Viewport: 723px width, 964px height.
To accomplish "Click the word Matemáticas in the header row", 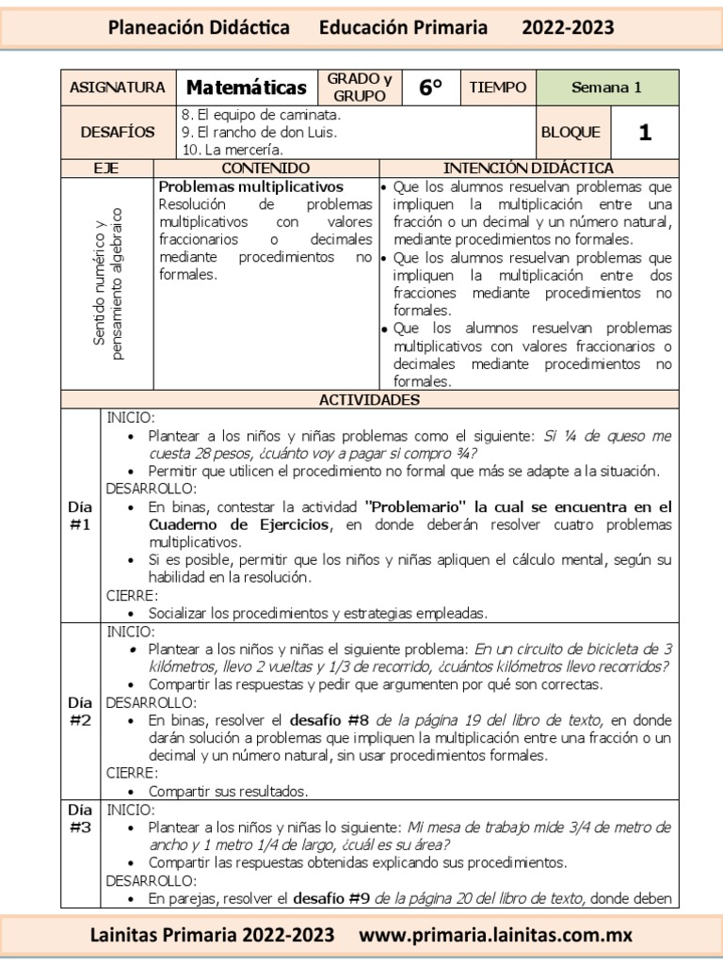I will point(247,88).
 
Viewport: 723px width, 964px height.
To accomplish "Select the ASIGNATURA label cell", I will point(117,88).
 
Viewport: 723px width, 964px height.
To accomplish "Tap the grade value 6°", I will point(430,88).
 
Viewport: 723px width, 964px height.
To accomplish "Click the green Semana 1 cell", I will point(606,88).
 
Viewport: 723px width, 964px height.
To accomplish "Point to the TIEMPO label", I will point(497,88).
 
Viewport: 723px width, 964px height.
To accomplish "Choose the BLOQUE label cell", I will point(570,133).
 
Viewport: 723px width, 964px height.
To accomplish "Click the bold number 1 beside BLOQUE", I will point(644,133).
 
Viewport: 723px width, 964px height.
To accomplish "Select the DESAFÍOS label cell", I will point(117,133).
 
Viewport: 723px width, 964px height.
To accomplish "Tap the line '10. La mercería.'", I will point(232,149).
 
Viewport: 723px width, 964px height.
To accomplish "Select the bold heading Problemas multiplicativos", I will point(251,187).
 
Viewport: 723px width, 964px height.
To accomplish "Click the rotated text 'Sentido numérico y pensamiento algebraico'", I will point(107,283).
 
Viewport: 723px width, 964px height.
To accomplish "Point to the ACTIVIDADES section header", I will point(369,400).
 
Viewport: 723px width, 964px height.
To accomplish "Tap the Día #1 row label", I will point(80,515).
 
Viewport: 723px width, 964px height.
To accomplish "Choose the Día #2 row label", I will point(80,711).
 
